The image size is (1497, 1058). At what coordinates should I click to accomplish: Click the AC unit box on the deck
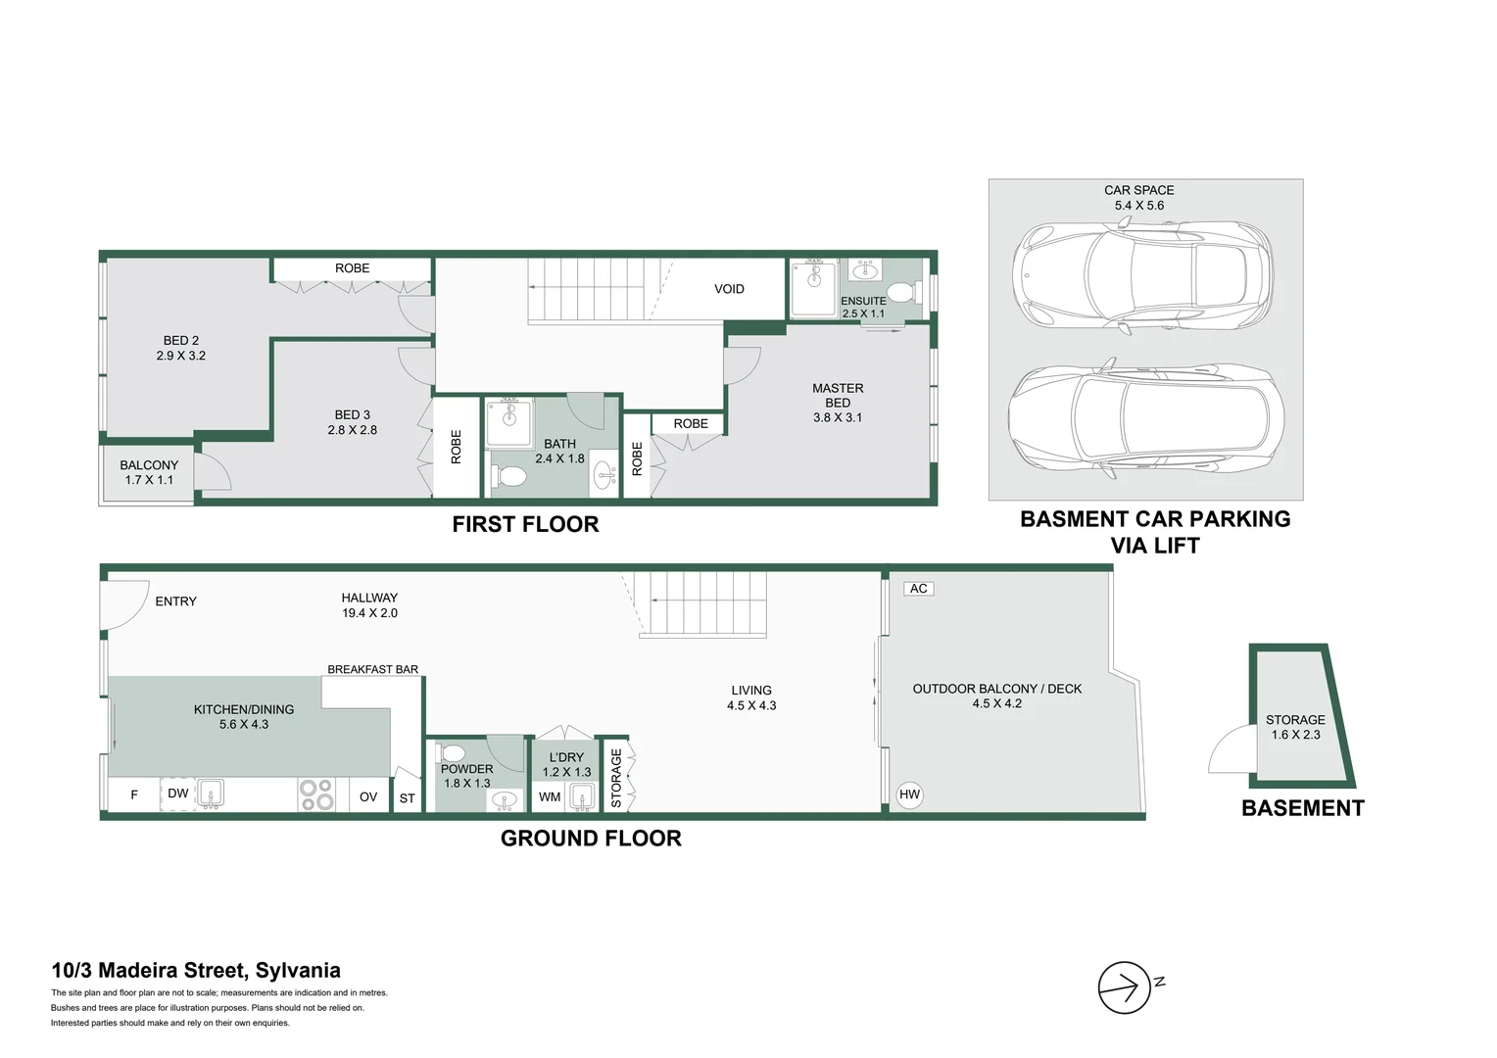tap(918, 589)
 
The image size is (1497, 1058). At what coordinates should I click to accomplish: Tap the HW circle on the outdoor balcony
tap(909, 794)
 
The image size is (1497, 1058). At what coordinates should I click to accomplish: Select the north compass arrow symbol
tap(1124, 987)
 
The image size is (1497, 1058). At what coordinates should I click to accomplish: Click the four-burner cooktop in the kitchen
tap(315, 794)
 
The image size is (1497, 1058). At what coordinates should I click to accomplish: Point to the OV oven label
tap(368, 797)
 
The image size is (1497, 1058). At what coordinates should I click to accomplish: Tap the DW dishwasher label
tap(177, 793)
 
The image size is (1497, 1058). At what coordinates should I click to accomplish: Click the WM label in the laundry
tap(550, 797)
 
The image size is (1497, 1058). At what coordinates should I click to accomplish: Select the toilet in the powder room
tap(453, 753)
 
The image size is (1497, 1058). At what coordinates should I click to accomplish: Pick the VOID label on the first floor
tap(729, 289)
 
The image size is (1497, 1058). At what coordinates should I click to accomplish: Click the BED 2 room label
tap(181, 348)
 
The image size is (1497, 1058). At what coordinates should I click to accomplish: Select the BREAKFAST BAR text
tap(372, 669)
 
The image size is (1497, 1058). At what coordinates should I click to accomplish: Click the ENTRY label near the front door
tap(175, 601)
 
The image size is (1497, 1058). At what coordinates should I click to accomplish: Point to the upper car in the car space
tap(1142, 275)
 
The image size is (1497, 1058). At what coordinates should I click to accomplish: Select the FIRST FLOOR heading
tap(525, 524)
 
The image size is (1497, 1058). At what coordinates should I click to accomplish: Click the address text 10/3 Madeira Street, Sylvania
tap(196, 971)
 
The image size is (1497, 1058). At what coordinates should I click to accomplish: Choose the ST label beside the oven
tap(407, 798)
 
